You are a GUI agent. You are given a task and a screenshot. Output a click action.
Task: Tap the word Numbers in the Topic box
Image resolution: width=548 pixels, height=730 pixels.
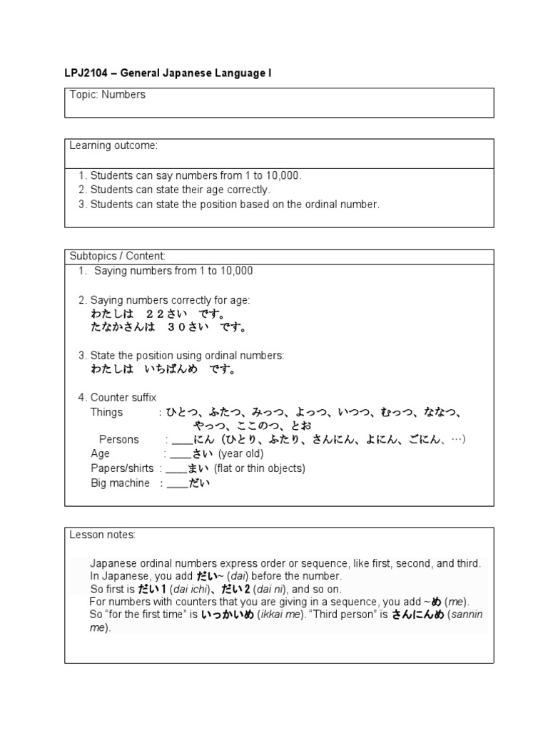[124, 95]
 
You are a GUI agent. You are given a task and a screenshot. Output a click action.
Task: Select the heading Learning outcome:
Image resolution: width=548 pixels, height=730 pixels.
[113, 145]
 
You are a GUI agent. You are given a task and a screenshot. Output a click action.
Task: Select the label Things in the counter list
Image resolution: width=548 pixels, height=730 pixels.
[106, 412]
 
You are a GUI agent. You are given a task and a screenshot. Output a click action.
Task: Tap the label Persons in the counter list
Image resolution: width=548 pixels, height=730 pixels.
[119, 439]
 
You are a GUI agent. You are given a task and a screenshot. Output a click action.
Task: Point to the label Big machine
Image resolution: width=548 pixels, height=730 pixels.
[120, 483]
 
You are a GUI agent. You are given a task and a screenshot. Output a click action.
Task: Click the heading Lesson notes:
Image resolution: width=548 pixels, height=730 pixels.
[102, 534]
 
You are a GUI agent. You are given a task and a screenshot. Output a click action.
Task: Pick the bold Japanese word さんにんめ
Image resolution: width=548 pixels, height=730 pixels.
[417, 615]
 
